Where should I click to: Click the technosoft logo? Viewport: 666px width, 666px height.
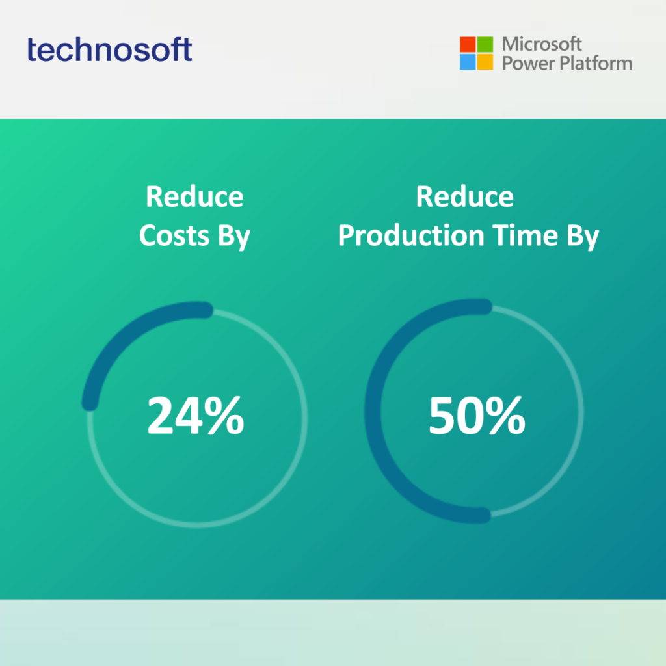109,49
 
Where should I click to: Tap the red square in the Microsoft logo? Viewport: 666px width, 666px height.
468,44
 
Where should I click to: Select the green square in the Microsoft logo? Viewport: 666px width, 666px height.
485,44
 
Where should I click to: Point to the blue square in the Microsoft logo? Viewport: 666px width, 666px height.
468,62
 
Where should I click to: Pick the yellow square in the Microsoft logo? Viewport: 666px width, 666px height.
485,62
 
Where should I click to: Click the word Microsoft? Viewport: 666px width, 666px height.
542,44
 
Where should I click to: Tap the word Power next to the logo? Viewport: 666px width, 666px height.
529,63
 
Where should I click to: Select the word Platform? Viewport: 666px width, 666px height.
596,63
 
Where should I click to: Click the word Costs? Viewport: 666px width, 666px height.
174,235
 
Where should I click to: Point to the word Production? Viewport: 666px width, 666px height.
411,235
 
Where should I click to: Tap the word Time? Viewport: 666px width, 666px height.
525,235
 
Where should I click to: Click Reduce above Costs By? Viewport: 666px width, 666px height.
194,196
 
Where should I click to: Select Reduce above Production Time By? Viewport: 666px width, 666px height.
464,196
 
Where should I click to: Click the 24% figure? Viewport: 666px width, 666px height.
196,416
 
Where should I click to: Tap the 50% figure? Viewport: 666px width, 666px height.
477,416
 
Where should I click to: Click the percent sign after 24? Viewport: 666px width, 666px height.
224,416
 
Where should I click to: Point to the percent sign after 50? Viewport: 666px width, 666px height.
505,416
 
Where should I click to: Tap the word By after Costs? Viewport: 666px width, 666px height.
234,237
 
